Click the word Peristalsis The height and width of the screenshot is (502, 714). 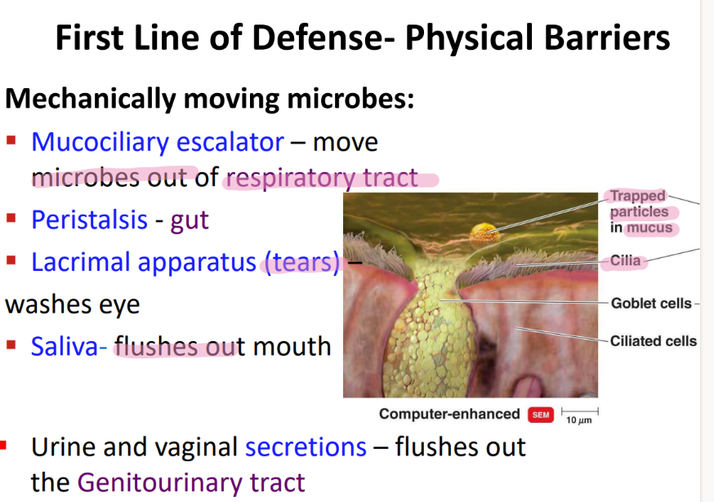pyautogui.click(x=90, y=220)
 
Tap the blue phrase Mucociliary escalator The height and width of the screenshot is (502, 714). pyautogui.click(x=157, y=142)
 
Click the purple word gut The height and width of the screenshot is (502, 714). pyautogui.click(x=190, y=220)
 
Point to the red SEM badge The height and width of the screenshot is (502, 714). pyautogui.click(x=540, y=415)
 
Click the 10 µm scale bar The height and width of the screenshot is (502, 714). pyautogui.click(x=579, y=412)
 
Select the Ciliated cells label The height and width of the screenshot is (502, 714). pyautogui.click(x=653, y=340)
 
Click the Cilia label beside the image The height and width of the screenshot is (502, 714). pyautogui.click(x=626, y=261)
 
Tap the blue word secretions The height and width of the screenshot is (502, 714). pyautogui.click(x=306, y=447)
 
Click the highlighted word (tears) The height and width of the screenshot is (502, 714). pyautogui.click(x=301, y=263)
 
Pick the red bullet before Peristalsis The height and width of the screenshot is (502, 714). pyautogui.click(x=11, y=219)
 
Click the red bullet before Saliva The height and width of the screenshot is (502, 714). pyautogui.click(x=11, y=345)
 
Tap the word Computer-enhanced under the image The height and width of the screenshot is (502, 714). pyautogui.click(x=448, y=414)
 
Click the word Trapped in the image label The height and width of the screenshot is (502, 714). pyautogui.click(x=638, y=197)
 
